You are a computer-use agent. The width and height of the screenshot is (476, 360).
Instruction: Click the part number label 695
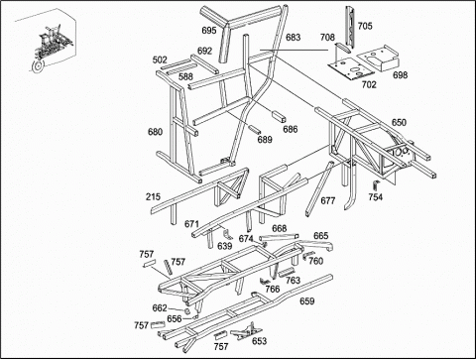[209, 31]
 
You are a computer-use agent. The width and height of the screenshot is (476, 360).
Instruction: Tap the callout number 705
[365, 26]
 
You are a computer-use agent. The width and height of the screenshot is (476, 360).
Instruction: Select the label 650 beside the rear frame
[399, 122]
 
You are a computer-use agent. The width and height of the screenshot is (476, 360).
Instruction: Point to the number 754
[376, 197]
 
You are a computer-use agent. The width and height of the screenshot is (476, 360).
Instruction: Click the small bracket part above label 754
[375, 185]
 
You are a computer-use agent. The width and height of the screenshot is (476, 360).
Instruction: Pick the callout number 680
[155, 132]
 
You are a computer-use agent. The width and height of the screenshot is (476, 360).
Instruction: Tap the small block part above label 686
[279, 116]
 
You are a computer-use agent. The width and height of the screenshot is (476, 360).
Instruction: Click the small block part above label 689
[254, 129]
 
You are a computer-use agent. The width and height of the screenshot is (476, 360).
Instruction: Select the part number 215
[153, 197]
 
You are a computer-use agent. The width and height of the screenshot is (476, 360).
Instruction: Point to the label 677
[328, 200]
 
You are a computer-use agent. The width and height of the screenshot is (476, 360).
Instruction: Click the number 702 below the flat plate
[369, 84]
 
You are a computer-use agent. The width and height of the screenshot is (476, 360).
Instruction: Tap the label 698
[400, 75]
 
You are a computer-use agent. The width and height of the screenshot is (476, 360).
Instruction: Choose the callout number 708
[327, 38]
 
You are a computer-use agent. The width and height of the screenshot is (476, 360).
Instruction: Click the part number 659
[307, 301]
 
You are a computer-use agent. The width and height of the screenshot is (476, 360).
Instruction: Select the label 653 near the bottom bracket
[259, 341]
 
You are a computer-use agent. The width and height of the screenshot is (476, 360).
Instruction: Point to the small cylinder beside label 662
[186, 311]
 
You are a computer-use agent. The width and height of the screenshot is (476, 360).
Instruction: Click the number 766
[273, 289]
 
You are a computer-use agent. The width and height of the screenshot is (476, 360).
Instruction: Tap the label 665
[321, 236]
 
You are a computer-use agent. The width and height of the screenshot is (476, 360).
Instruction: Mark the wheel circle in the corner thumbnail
[37, 66]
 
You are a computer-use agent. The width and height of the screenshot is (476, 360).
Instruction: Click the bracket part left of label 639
[227, 234]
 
